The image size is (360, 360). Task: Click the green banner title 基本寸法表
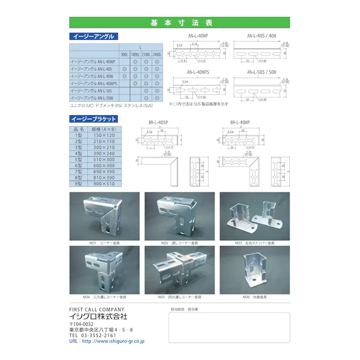[179, 23]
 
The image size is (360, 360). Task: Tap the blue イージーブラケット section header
[94, 119]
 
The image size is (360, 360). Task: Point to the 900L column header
[124, 54]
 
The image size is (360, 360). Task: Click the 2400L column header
[157, 54]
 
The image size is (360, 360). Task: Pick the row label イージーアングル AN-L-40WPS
[94, 83]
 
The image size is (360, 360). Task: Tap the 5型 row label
[79, 160]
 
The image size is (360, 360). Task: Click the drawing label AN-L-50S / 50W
[261, 72]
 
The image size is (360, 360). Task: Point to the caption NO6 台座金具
[254, 297]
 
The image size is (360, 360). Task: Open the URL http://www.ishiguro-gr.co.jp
[113, 341]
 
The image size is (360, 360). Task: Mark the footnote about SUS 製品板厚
[199, 104]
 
